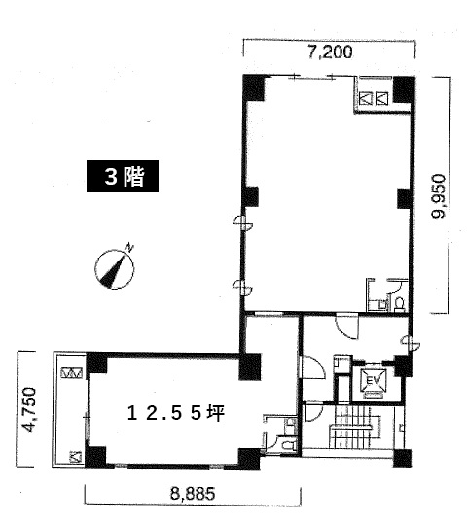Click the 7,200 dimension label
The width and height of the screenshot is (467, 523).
tap(330, 52)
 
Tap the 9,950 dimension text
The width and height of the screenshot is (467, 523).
tap(438, 196)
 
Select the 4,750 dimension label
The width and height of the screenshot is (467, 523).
tap(28, 409)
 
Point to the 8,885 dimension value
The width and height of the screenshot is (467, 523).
tap(193, 494)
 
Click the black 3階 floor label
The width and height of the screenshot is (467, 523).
tap(123, 177)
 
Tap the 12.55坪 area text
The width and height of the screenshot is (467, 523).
tap(176, 414)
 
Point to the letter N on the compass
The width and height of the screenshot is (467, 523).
tap(129, 248)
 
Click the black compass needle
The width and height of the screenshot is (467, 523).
tap(115, 271)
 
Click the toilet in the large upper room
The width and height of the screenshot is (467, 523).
tap(399, 303)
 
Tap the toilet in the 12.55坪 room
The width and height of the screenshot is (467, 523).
tap(287, 445)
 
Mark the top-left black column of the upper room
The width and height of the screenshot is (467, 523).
tap(254, 87)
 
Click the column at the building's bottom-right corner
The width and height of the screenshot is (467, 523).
tap(402, 458)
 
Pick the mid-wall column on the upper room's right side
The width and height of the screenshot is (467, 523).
tap(405, 198)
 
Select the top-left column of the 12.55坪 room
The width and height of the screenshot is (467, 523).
tap(96, 363)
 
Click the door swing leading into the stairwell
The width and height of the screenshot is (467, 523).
tap(314, 412)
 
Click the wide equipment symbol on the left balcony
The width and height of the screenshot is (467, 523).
tap(71, 373)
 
